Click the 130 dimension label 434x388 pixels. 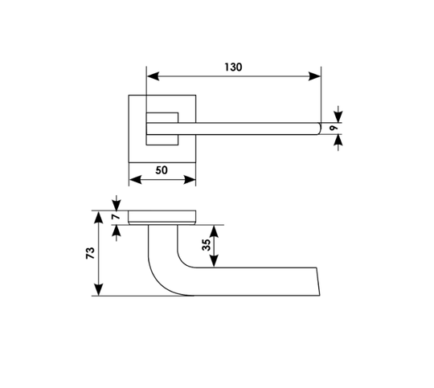(x=233, y=67)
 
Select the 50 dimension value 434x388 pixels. (x=162, y=170)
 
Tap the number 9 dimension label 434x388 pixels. (x=334, y=128)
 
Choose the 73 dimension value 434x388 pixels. (x=90, y=253)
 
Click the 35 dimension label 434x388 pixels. (x=207, y=245)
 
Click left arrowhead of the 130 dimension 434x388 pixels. (x=153, y=76)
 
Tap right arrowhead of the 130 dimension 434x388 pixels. (x=314, y=76)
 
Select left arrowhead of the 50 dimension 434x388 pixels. (x=135, y=180)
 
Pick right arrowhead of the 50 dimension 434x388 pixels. (x=190, y=180)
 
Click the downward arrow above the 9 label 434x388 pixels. (x=338, y=114)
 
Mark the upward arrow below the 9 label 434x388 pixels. (x=338, y=142)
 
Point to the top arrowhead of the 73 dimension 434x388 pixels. (x=99, y=217)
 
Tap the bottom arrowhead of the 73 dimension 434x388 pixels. (x=99, y=289)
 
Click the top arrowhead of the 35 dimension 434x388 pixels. (x=214, y=231)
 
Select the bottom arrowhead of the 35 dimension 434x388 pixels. (x=214, y=261)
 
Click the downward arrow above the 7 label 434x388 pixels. (x=117, y=203)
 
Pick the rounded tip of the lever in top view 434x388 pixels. (x=319, y=129)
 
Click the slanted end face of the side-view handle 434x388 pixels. (x=318, y=281)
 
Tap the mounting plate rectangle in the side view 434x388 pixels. (x=162, y=217)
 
